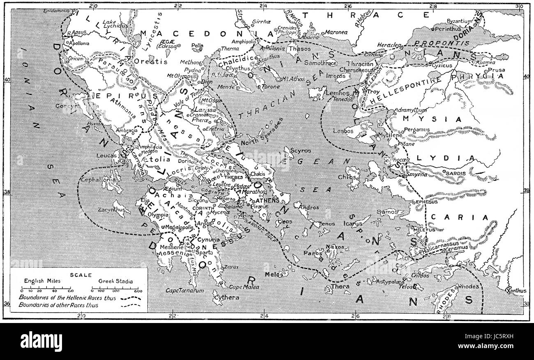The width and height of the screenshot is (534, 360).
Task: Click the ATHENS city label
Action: pyautogui.click(x=267, y=201)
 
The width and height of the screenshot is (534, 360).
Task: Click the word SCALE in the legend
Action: pyautogui.click(x=78, y=275)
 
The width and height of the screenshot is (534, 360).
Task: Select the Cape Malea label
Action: pyautogui.click(x=244, y=287)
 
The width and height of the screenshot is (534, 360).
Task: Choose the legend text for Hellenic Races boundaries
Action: pyautogui.click(x=67, y=297)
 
